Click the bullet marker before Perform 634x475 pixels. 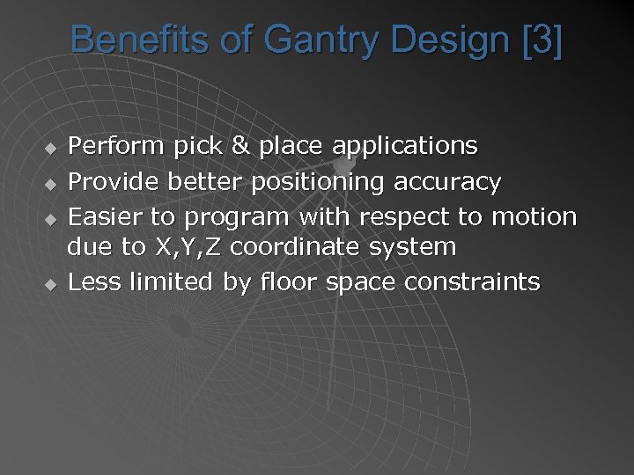[x=51, y=145]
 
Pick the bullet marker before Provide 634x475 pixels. [x=51, y=184]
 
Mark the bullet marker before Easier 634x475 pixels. [x=51, y=217]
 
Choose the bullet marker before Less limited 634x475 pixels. [x=51, y=284]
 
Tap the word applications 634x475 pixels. [x=406, y=146]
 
